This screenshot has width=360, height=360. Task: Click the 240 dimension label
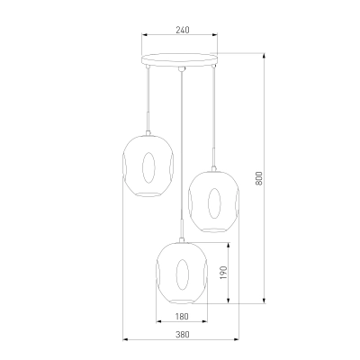(x=183, y=30)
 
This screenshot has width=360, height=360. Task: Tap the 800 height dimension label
(x=259, y=178)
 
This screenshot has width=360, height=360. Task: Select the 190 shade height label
(x=224, y=273)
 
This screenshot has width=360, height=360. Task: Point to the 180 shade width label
(x=182, y=317)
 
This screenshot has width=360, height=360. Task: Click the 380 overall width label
(x=183, y=335)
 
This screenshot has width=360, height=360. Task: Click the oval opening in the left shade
(x=148, y=167)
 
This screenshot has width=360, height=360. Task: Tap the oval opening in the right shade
(x=214, y=203)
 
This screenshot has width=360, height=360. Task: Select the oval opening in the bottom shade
(x=182, y=274)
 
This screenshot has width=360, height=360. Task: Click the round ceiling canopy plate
(x=179, y=59)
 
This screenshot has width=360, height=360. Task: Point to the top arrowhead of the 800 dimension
(x=264, y=56)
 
